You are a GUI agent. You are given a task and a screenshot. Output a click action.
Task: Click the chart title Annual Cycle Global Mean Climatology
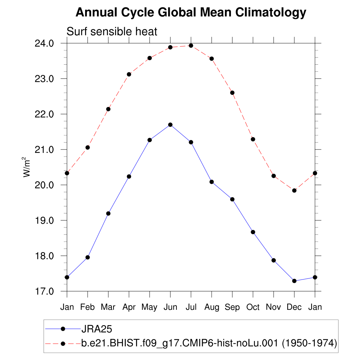(x=191, y=13)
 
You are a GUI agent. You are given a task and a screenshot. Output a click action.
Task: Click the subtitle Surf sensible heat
(x=112, y=32)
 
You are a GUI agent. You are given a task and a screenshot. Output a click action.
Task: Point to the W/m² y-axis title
(x=27, y=167)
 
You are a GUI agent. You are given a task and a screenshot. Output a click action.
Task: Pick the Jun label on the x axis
(x=170, y=307)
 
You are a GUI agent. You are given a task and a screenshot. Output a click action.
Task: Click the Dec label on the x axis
(x=294, y=307)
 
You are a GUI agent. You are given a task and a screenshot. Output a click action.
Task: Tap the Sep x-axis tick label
(x=232, y=307)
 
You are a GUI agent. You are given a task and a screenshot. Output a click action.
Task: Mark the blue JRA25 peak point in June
(x=170, y=124)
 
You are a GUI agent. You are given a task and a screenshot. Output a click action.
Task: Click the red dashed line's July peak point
(x=191, y=45)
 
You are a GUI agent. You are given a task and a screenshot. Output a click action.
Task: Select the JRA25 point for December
(x=294, y=281)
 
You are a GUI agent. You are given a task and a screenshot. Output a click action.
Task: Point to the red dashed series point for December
(x=294, y=190)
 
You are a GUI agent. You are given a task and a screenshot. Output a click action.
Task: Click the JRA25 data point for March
(x=108, y=213)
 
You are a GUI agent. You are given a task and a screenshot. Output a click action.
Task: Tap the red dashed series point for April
(x=129, y=74)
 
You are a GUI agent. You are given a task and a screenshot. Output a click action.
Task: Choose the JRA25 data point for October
(x=253, y=232)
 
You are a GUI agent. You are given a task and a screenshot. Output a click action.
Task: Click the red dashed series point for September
(x=232, y=93)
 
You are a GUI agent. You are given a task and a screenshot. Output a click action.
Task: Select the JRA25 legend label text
(x=96, y=329)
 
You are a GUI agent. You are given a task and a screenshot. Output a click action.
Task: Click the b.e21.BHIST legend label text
(x=209, y=343)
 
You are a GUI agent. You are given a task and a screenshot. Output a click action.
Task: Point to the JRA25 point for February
(x=88, y=257)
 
